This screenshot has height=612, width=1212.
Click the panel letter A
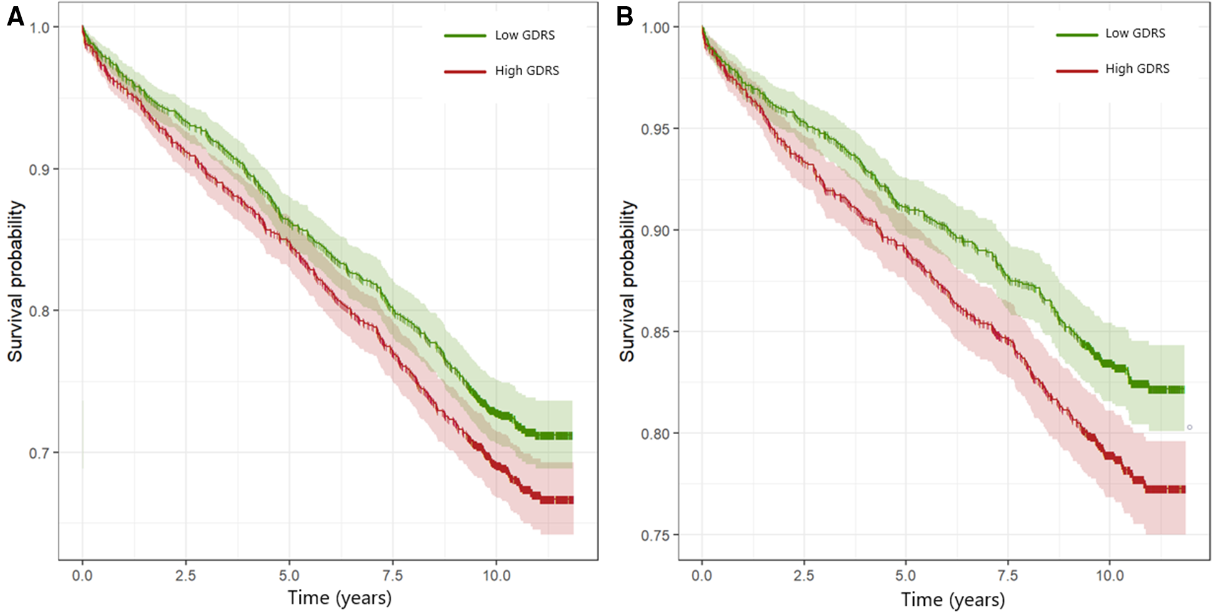15,17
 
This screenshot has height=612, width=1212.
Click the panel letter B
624,17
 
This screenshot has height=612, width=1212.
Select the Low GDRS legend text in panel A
525,35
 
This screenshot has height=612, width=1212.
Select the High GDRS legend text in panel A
526,71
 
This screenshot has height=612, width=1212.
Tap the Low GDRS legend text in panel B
1135,34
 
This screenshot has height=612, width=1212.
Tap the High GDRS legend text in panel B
1137,69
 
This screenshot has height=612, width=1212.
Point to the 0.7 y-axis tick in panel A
39,453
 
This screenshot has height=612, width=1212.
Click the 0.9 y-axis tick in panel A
39,170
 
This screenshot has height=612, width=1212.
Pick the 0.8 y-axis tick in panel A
39,311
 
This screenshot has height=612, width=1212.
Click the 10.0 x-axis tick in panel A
497,576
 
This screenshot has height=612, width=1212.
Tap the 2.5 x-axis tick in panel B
804,576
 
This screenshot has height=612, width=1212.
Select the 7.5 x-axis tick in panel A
393,576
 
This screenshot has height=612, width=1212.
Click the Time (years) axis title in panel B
953,600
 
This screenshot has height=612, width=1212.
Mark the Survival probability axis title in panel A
15,281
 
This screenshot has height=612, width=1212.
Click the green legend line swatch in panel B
1077,35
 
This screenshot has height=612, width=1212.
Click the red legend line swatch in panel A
465,72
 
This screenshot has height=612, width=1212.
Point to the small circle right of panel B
1190,427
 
